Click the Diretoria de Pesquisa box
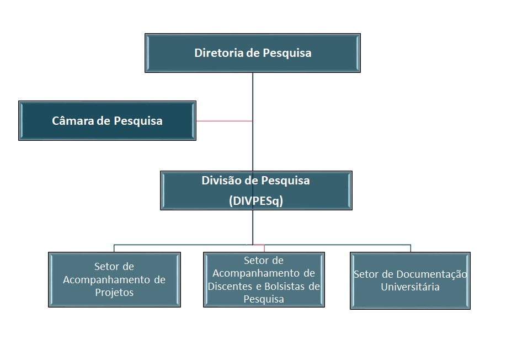(253, 53)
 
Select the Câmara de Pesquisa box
(107, 121)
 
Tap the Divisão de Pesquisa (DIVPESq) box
(256, 190)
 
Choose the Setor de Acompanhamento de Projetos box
(114, 279)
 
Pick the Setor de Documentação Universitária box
(410, 280)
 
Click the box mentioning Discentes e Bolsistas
(264, 279)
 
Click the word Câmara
(73, 120)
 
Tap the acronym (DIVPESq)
(256, 200)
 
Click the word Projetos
(114, 292)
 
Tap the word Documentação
(431, 274)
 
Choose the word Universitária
(410, 287)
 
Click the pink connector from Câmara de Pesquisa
(225, 121)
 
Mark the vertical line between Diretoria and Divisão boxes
(253, 122)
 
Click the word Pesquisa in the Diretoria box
(287, 53)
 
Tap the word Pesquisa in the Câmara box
(138, 121)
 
